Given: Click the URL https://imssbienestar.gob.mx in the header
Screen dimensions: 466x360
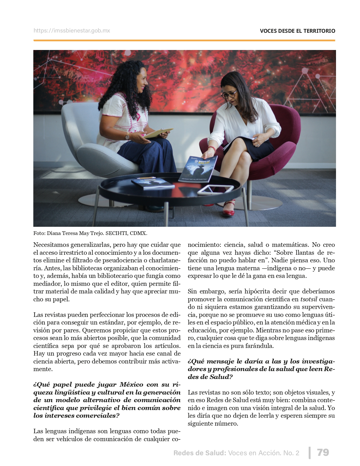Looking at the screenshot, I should (x=72, y=31).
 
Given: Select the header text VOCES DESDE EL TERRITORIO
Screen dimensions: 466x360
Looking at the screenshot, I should (x=297, y=31).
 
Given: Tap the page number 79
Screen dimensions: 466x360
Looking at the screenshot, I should (x=323, y=452).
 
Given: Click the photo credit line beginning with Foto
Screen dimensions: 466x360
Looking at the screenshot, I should (x=90, y=233).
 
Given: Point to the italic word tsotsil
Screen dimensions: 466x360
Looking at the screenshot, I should (x=309, y=299).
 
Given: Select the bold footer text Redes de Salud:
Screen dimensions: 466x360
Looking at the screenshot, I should (x=200, y=453).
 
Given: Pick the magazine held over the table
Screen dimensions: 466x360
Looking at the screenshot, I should (x=198, y=169).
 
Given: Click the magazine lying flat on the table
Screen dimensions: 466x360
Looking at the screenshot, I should (x=153, y=183).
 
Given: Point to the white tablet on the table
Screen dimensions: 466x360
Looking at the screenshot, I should (x=215, y=190).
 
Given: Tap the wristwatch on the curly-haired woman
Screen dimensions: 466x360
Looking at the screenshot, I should (x=127, y=136).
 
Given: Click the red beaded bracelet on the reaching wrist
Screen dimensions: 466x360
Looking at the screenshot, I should (x=212, y=149).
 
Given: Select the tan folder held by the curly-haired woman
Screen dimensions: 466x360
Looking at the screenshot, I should (x=158, y=133).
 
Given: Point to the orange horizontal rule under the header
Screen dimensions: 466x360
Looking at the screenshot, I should (x=184, y=40).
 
